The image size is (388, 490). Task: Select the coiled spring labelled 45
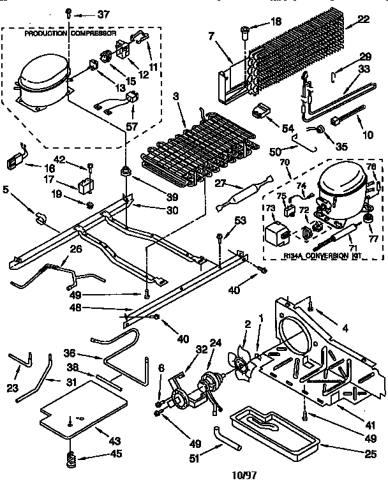coord(71,457)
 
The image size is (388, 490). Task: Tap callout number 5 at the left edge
coord(6,189)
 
